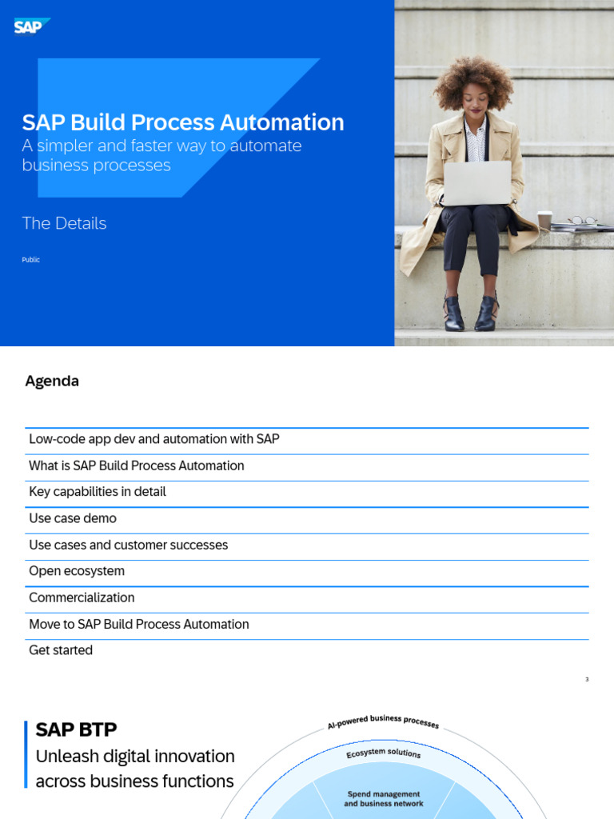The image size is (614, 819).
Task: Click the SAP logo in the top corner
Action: pyautogui.click(x=32, y=27)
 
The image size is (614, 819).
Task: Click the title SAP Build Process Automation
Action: pyautogui.click(x=183, y=122)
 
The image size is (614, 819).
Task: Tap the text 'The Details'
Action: pyautogui.click(x=64, y=223)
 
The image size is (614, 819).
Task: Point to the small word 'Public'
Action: pyautogui.click(x=30, y=260)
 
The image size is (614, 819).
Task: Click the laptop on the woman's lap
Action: pyautogui.click(x=476, y=183)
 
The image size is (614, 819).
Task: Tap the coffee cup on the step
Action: pyautogui.click(x=544, y=220)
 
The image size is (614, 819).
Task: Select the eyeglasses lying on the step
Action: pyautogui.click(x=581, y=221)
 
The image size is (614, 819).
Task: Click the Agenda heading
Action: pyautogui.click(x=52, y=382)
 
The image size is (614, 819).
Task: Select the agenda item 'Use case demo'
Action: pyautogui.click(x=73, y=518)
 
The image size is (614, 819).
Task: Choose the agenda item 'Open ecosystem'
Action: pyautogui.click(x=77, y=571)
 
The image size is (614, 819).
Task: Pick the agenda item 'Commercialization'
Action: pyautogui.click(x=82, y=597)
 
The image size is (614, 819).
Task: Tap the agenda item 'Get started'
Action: pyautogui.click(x=61, y=650)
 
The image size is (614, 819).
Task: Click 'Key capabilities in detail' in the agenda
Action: pyautogui.click(x=98, y=492)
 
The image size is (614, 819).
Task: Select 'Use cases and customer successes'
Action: pyautogui.click(x=129, y=545)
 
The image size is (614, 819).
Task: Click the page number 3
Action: pyautogui.click(x=587, y=680)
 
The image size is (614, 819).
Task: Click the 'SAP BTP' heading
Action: pyautogui.click(x=77, y=729)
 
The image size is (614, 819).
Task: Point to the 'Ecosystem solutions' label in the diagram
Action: pyautogui.click(x=383, y=753)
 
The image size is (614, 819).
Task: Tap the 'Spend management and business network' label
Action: pyautogui.click(x=384, y=799)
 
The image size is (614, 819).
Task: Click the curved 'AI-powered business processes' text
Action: pyautogui.click(x=383, y=721)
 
